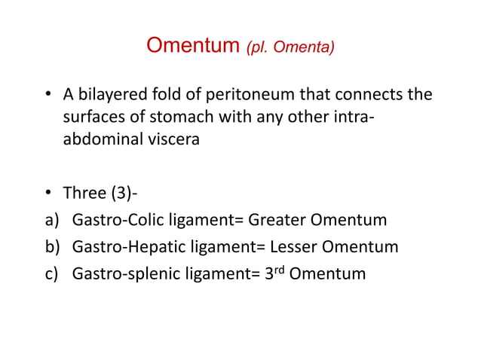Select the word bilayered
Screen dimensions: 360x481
(x=111, y=95)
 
